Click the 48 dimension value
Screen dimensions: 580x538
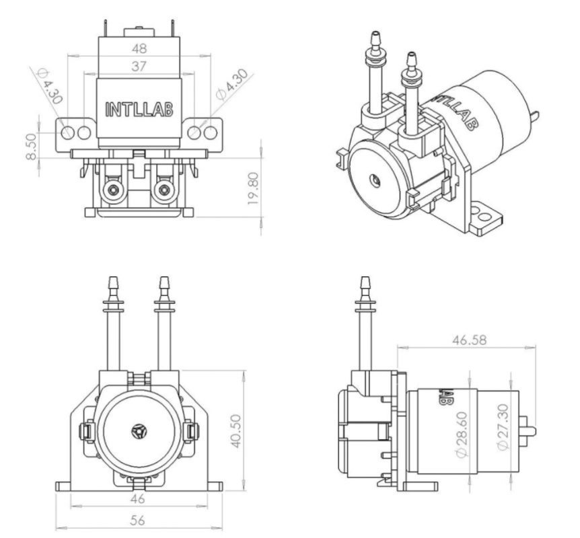pyautogui.click(x=139, y=48)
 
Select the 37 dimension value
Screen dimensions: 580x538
pyautogui.click(x=139, y=67)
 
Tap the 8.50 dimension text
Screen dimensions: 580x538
pyautogui.click(x=32, y=147)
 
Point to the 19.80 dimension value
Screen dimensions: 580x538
pyautogui.click(x=254, y=188)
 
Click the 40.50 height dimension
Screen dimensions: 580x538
pyautogui.click(x=236, y=431)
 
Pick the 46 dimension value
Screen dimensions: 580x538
pyautogui.click(x=138, y=499)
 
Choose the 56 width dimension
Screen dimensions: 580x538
pyautogui.click(x=138, y=521)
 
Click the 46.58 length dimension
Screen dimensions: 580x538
pyautogui.click(x=470, y=340)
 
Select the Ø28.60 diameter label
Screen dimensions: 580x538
pyautogui.click(x=462, y=434)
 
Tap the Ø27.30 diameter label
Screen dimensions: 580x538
pyautogui.click(x=503, y=427)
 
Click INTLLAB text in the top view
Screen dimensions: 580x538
pyautogui.click(x=139, y=109)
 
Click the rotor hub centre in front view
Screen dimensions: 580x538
pyautogui.click(x=139, y=431)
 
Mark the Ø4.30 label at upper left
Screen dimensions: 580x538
pyautogui.click(x=50, y=86)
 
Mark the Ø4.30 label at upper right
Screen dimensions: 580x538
pyautogui.click(x=232, y=85)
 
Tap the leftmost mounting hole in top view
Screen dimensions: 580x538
pyautogui.click(x=68, y=132)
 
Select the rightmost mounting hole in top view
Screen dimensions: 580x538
pyautogui.click(x=210, y=132)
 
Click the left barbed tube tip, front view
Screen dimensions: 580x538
pyautogui.click(x=113, y=278)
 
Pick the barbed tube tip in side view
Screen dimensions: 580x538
pyautogui.click(x=365, y=278)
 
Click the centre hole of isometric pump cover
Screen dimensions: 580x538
pyautogui.click(x=376, y=180)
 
